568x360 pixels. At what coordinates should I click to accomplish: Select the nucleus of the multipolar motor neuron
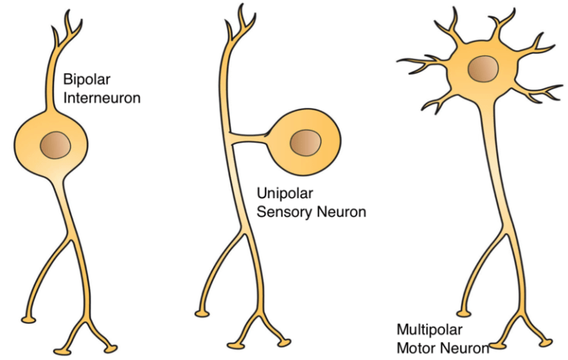(481, 70)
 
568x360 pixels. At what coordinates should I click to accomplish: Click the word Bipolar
(79, 78)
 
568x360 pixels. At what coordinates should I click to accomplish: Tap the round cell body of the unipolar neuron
(305, 140)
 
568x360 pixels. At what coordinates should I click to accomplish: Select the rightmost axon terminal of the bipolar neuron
(112, 347)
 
